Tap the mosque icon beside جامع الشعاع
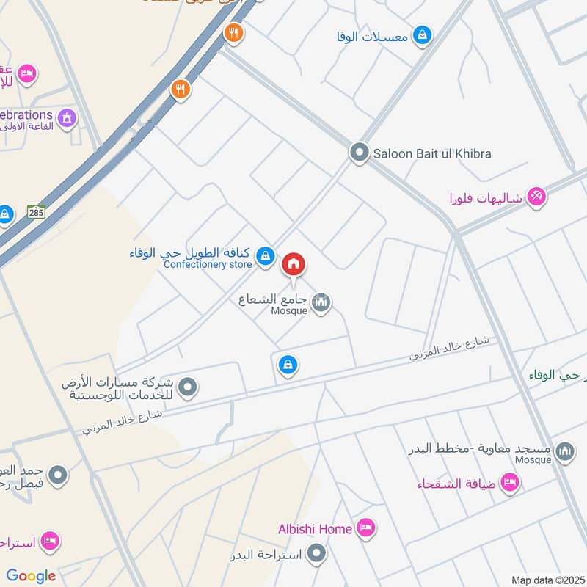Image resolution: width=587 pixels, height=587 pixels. pos(321,302)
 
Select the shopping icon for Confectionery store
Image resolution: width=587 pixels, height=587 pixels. pos(266,256)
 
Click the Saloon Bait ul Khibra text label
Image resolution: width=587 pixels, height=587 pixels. pos(432,154)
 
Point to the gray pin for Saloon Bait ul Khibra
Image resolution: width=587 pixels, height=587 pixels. pos(359,153)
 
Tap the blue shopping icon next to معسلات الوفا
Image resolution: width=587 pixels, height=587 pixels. pos(422,34)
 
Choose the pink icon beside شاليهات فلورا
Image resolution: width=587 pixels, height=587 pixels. pos(537,197)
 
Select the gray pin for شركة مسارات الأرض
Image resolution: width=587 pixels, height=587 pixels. pos(189,387)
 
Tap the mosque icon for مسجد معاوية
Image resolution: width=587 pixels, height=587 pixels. pos(565,451)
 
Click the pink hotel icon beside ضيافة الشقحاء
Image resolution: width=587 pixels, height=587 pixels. pos(510,482)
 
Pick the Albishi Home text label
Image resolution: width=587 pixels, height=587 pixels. pos(316,528)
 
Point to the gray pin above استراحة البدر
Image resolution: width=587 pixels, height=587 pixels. pos(317,553)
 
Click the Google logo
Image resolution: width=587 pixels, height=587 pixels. pos(31,576)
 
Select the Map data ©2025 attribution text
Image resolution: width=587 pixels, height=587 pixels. pos(546,580)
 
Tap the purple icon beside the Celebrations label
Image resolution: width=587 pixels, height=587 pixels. pos(68,117)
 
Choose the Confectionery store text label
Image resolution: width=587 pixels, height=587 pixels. pos(208,264)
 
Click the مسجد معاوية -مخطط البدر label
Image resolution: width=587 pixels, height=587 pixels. pos(480,448)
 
